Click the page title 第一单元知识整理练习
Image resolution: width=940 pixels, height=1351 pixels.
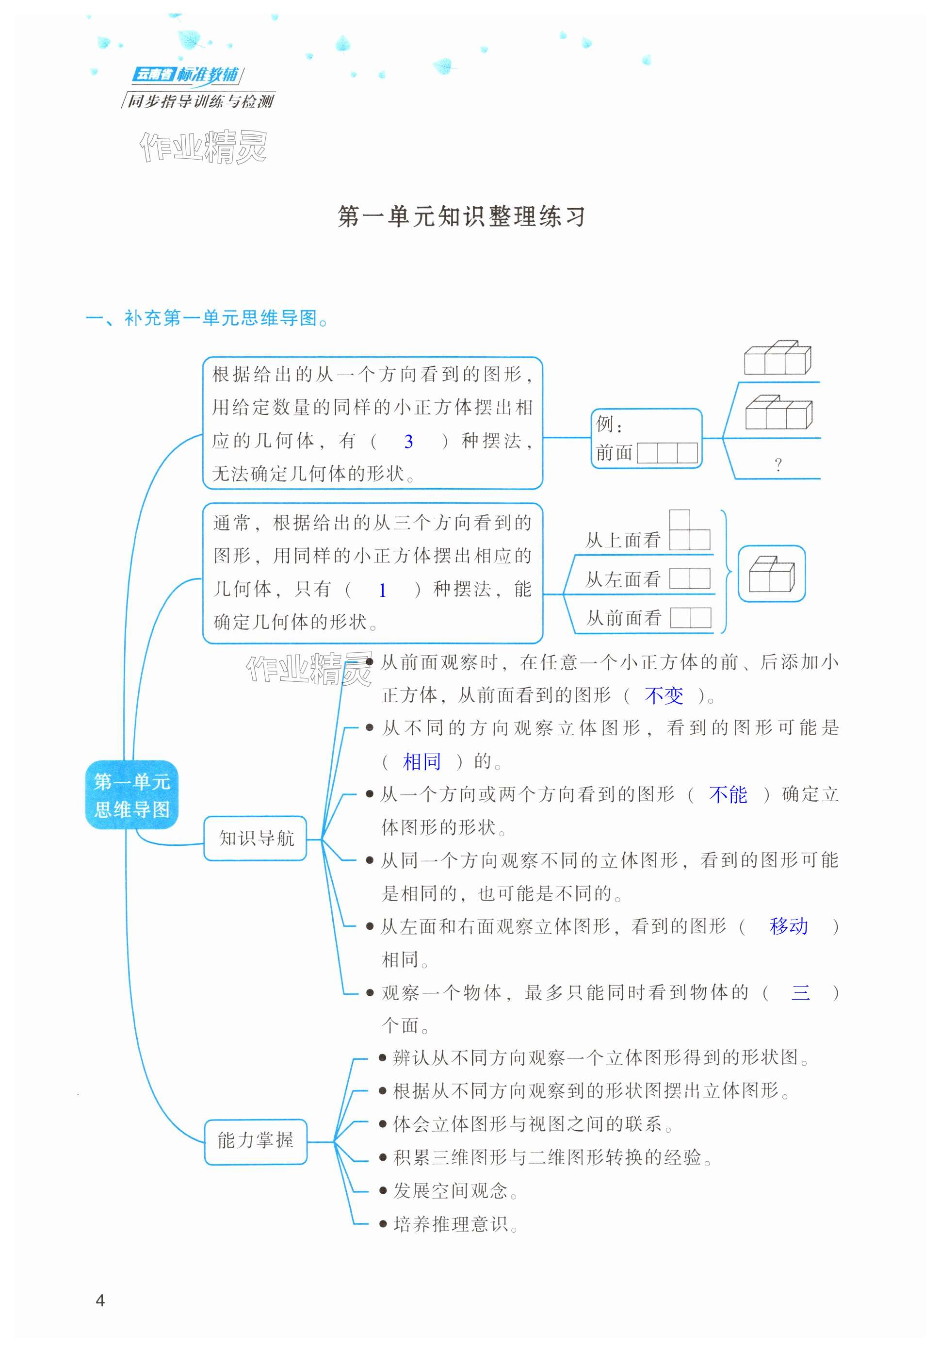click(x=462, y=216)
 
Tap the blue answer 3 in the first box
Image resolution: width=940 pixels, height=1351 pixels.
click(x=408, y=441)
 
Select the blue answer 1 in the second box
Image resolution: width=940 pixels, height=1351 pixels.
click(x=382, y=590)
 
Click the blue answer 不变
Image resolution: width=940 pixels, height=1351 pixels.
click(x=664, y=696)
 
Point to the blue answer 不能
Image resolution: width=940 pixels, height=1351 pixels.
click(x=728, y=795)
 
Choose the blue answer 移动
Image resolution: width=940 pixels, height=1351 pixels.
click(x=788, y=927)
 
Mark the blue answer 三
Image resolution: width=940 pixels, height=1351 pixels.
click(x=801, y=993)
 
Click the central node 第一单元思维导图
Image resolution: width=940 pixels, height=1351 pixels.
click(x=132, y=795)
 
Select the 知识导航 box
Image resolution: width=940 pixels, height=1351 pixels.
click(x=255, y=839)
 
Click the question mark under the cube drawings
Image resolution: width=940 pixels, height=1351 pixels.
click(x=778, y=465)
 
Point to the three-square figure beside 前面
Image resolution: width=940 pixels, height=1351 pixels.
click(x=667, y=452)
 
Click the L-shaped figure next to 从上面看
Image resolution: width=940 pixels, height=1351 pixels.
click(x=689, y=531)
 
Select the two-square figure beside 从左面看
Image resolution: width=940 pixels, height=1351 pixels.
click(x=689, y=578)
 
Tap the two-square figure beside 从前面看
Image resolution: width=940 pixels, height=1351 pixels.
click(x=690, y=617)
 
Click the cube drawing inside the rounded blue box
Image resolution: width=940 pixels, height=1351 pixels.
click(x=771, y=574)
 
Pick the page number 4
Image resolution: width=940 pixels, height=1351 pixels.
click(x=100, y=1300)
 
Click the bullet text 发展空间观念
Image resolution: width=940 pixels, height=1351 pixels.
click(x=450, y=1191)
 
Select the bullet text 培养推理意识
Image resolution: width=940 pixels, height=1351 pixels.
click(x=450, y=1224)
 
